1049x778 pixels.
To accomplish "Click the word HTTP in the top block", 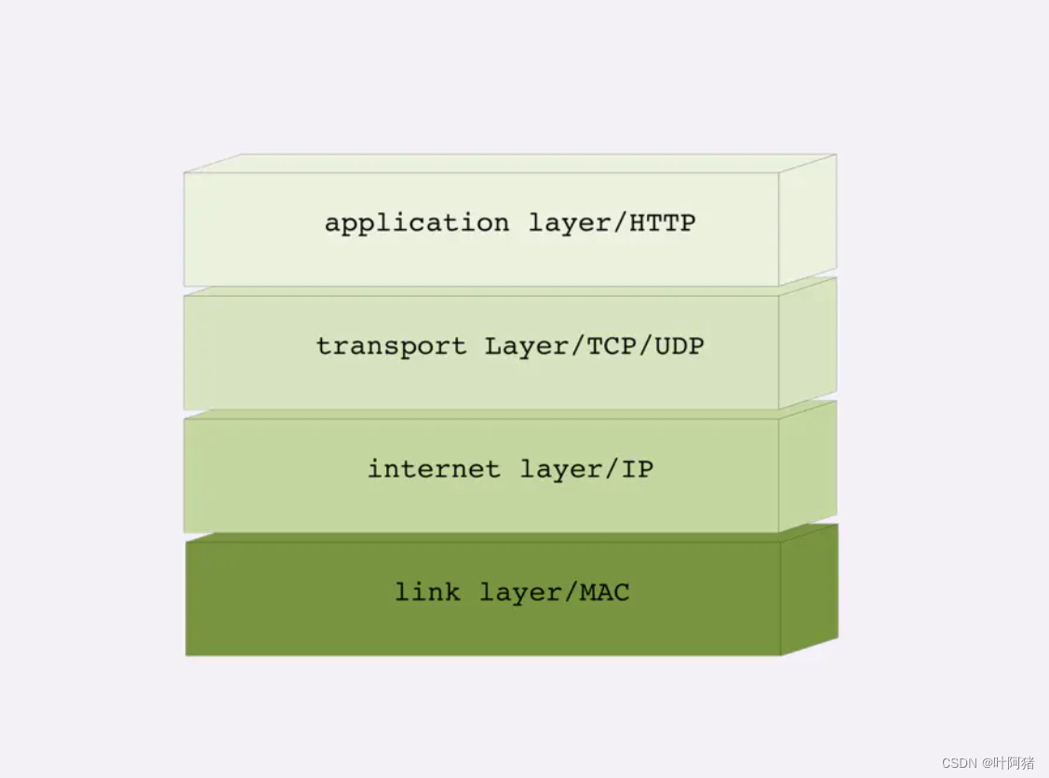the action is click(663, 223).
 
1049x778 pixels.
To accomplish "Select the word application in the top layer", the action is click(416, 224).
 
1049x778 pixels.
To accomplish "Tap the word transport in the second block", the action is click(392, 347).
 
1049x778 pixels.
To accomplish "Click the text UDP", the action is click(679, 346).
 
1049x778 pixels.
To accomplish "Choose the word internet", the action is click(433, 469).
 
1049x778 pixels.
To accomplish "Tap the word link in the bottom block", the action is click(427, 592).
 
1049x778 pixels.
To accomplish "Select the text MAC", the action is click(604, 592).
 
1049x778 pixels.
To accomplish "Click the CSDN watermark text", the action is click(959, 763).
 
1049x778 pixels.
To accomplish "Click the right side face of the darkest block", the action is click(808, 591).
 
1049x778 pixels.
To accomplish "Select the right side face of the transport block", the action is click(807, 344).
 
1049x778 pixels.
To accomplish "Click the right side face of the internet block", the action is click(807, 467).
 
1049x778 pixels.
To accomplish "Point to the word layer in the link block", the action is click(519, 592).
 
